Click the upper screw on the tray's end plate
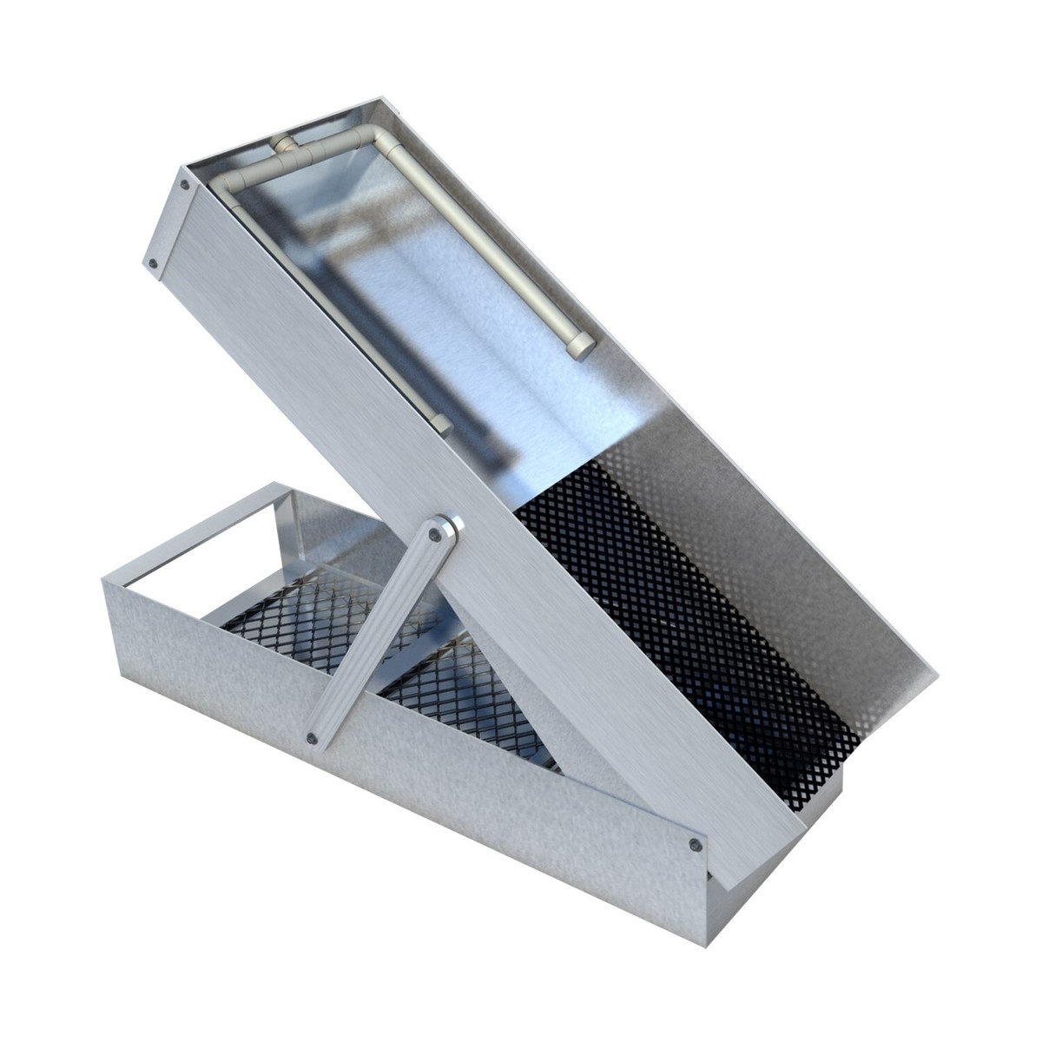[x=184, y=184]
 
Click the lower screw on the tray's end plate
[x=153, y=261]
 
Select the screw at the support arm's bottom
[x=313, y=738]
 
